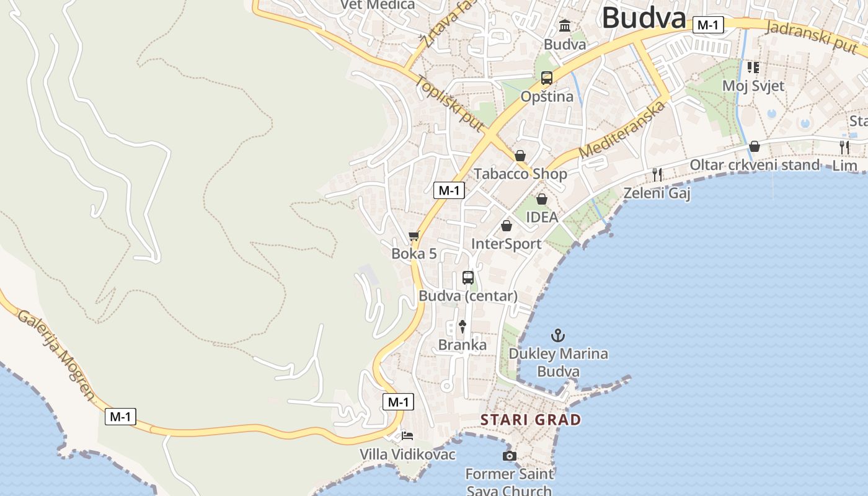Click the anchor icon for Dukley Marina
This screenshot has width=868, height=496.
[x=559, y=335]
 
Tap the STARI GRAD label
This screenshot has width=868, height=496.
[x=531, y=420]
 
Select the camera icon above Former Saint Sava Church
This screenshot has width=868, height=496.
[x=509, y=456]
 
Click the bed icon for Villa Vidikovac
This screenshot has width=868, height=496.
[x=407, y=435]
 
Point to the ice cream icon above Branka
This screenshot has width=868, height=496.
[x=462, y=326]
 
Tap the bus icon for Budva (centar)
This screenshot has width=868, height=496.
[x=468, y=277]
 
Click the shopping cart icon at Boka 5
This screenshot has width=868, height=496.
[x=414, y=236]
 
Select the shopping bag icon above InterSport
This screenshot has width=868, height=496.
[x=507, y=226]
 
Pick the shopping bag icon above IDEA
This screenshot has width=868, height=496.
[x=542, y=199]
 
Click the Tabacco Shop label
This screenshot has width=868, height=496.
[x=520, y=174]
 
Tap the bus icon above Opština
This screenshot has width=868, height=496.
[x=546, y=78]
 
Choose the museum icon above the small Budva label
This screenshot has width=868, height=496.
[x=565, y=26]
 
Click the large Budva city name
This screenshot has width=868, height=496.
[x=644, y=17]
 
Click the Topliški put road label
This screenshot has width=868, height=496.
[x=450, y=104]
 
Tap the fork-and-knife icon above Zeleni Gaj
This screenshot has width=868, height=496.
[x=657, y=175]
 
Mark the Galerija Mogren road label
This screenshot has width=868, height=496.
[x=56, y=355]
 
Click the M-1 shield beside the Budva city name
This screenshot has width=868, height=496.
[x=708, y=25]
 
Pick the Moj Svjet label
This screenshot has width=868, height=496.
[x=753, y=86]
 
